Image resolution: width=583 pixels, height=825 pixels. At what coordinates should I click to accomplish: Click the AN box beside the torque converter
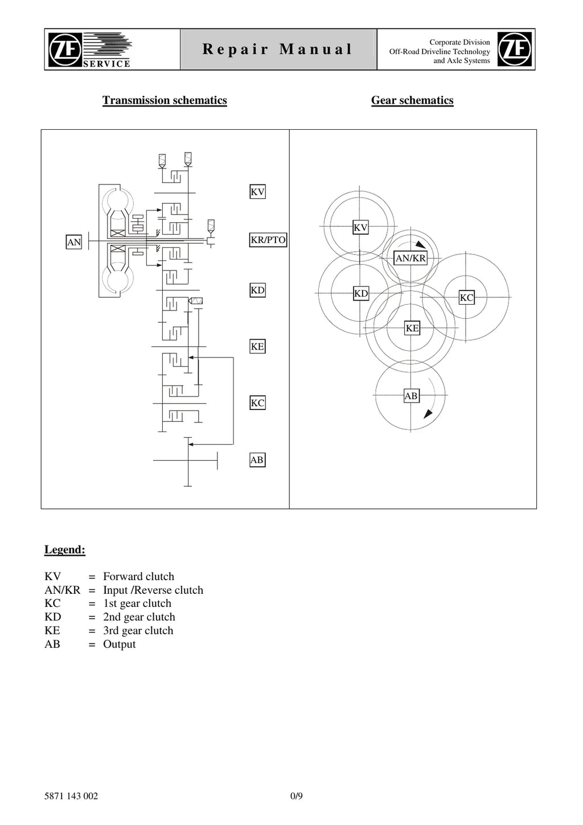[x=73, y=242]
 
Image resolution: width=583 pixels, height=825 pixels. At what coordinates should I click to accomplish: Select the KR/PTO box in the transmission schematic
[x=268, y=240]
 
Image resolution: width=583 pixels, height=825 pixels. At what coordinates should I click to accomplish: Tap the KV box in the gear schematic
[x=360, y=227]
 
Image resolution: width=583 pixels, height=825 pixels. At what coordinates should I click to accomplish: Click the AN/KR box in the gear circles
[x=410, y=258]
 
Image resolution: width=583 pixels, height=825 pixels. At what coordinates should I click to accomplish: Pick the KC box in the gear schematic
[x=466, y=297]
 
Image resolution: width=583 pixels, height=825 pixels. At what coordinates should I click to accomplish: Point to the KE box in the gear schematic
[x=412, y=328]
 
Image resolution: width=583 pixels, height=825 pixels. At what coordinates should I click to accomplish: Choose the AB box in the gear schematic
[x=411, y=396]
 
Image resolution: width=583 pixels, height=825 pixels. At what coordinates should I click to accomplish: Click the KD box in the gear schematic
[x=361, y=293]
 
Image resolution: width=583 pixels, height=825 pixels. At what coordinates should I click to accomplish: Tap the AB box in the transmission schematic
[x=257, y=459]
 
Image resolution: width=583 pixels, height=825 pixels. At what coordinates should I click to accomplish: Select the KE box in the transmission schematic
[x=257, y=346]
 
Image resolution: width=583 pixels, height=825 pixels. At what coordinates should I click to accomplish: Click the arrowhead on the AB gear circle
[x=428, y=413]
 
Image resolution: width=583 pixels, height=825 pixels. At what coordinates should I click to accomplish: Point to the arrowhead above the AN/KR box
[x=420, y=245]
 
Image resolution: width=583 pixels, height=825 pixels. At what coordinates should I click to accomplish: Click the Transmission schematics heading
[x=165, y=100]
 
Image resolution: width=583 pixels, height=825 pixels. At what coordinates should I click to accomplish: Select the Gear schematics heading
[x=412, y=100]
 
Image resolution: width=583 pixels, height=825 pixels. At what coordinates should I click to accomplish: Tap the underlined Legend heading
[x=65, y=549]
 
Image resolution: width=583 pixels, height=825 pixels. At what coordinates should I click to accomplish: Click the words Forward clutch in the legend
[x=138, y=576]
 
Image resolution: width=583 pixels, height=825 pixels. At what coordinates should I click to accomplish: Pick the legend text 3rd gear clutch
[x=138, y=630]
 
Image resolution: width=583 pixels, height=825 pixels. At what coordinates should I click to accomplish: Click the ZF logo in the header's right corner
[x=515, y=49]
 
